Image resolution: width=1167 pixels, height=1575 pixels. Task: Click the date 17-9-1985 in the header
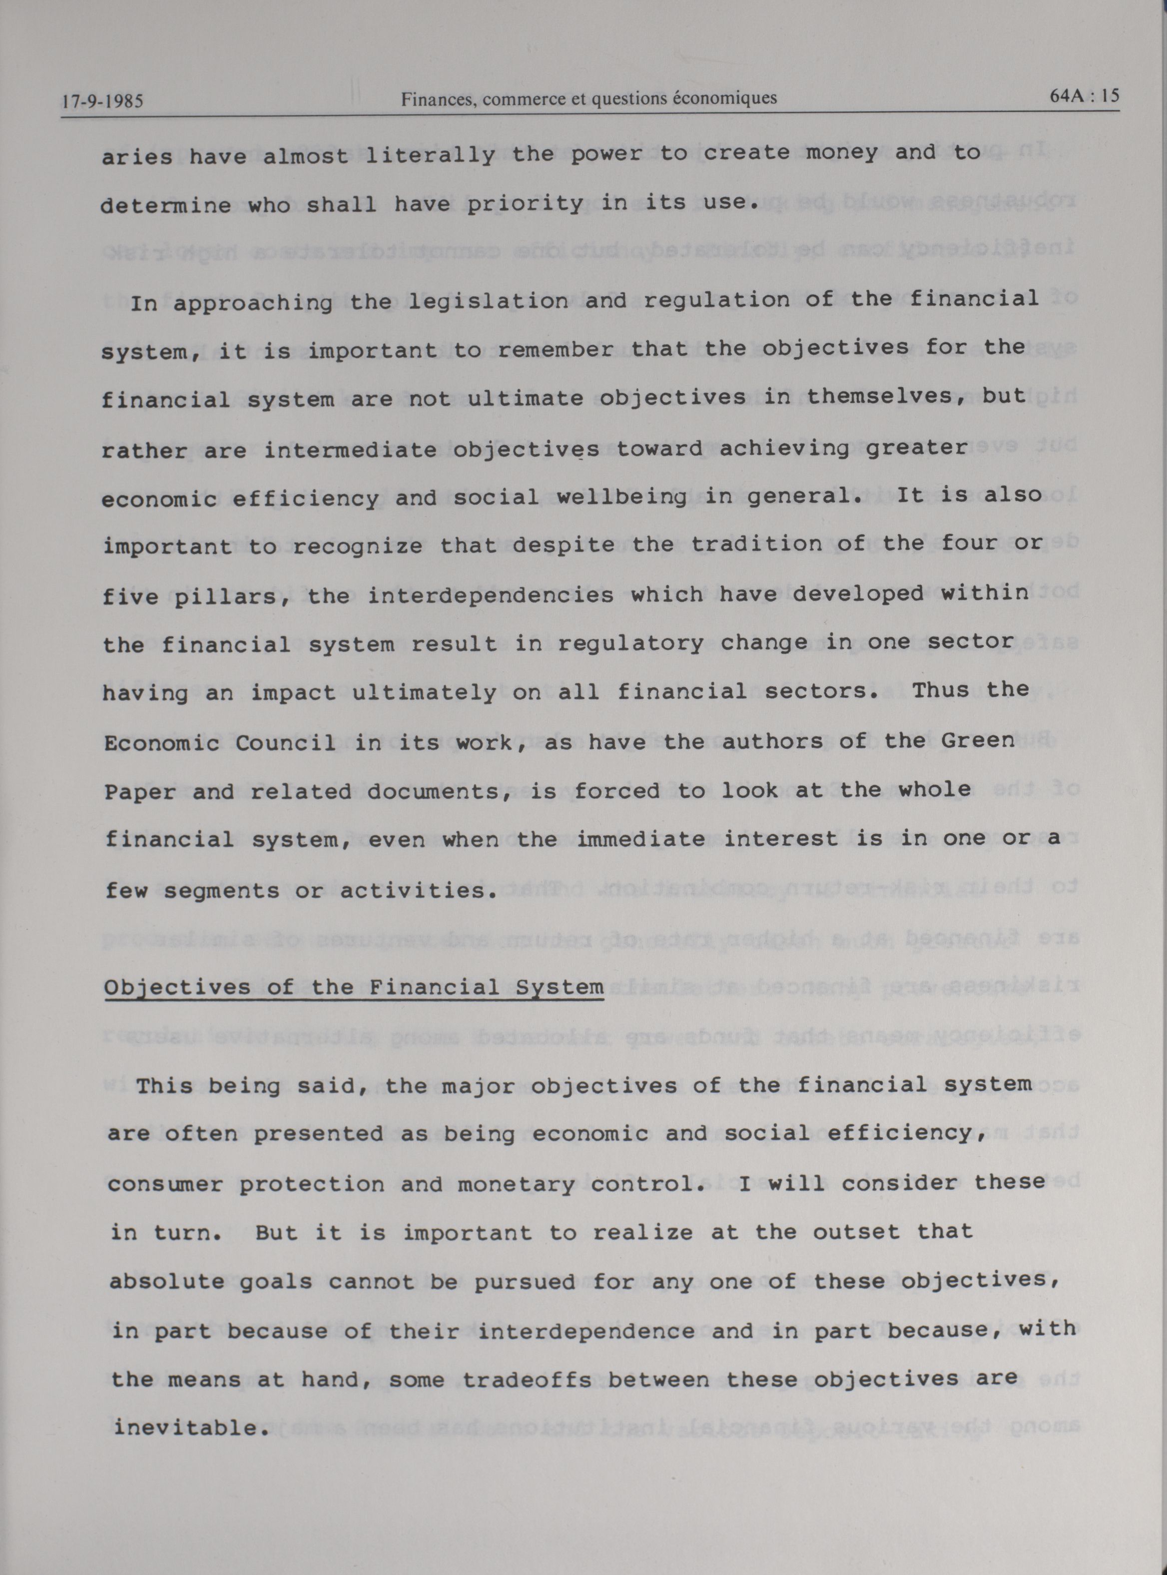coord(102,101)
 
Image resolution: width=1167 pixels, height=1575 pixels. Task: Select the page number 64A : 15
coord(1085,96)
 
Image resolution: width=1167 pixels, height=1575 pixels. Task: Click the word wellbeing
coord(621,497)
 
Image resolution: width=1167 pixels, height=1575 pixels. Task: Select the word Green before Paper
coord(978,741)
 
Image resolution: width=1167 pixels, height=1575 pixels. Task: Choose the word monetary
coord(517,1184)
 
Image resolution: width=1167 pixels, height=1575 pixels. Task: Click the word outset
coord(857,1232)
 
